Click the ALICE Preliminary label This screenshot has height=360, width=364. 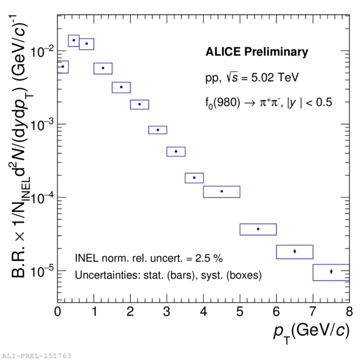tap(257, 52)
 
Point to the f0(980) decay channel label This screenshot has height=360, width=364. tap(265, 102)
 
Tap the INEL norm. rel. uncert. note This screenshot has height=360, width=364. tap(149, 258)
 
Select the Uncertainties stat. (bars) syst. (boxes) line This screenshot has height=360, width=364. tap(168, 275)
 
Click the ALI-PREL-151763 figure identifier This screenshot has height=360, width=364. tap(36, 356)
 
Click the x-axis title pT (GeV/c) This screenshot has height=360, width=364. tap(311, 331)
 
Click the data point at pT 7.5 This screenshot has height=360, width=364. tap(331, 271)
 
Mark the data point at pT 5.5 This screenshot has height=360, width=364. tap(258, 229)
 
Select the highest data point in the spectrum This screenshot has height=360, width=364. tap(74, 41)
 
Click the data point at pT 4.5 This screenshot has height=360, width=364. tap(222, 191)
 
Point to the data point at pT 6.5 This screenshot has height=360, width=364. tap(295, 251)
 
